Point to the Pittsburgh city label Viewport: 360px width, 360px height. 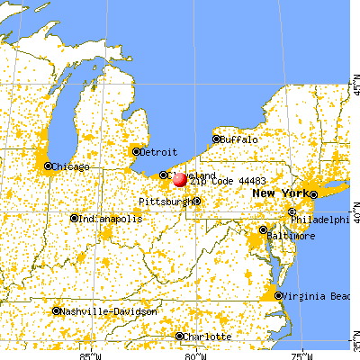166,202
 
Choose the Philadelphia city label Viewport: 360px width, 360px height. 325,219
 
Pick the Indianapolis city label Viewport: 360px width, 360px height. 111,218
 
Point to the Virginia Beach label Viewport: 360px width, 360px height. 316,296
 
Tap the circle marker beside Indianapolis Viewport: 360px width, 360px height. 75,218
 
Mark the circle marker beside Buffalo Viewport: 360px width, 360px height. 217,139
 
